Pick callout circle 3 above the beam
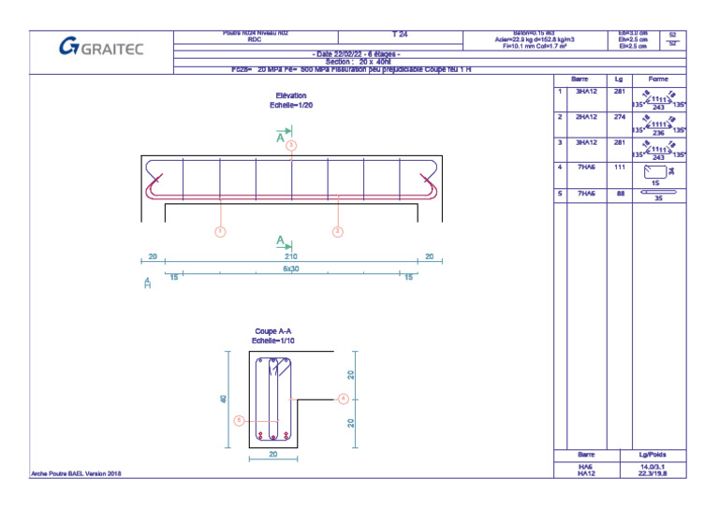[x=291, y=145]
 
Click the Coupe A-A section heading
[x=272, y=332]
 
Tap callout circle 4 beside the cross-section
[x=344, y=398]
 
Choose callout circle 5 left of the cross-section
[x=239, y=421]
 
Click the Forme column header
[x=658, y=80]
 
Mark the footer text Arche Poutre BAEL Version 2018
[x=77, y=474]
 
